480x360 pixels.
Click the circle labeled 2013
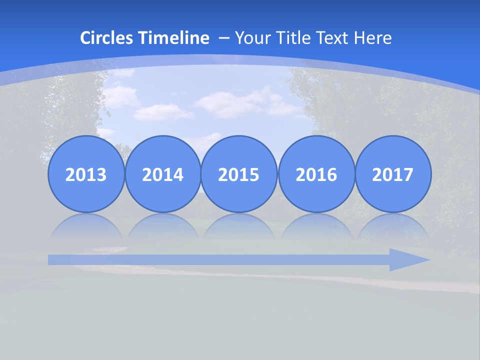[86, 174]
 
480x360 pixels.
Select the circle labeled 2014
[162, 174]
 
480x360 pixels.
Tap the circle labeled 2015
[239, 174]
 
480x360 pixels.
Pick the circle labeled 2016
[316, 174]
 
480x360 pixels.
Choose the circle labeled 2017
[392, 174]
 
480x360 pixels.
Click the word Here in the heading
[373, 38]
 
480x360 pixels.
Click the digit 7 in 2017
[408, 174]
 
